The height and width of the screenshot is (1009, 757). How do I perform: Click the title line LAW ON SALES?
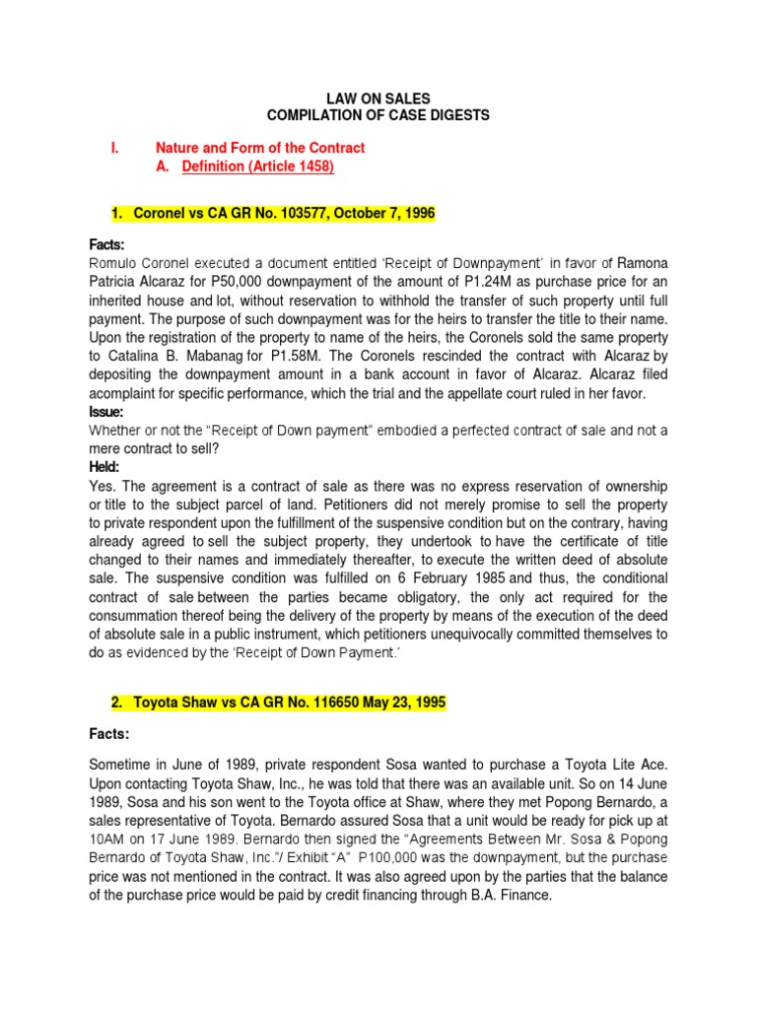pyautogui.click(x=378, y=98)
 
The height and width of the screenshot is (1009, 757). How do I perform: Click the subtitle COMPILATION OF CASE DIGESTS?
pyautogui.click(x=378, y=115)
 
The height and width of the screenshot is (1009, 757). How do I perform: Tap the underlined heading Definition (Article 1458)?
pyautogui.click(x=258, y=167)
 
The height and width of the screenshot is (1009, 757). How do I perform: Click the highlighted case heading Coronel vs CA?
pyautogui.click(x=272, y=213)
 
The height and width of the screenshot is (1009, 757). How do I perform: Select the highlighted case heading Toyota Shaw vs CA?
pyautogui.click(x=278, y=703)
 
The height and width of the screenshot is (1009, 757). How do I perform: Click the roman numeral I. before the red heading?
pyautogui.click(x=114, y=148)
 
